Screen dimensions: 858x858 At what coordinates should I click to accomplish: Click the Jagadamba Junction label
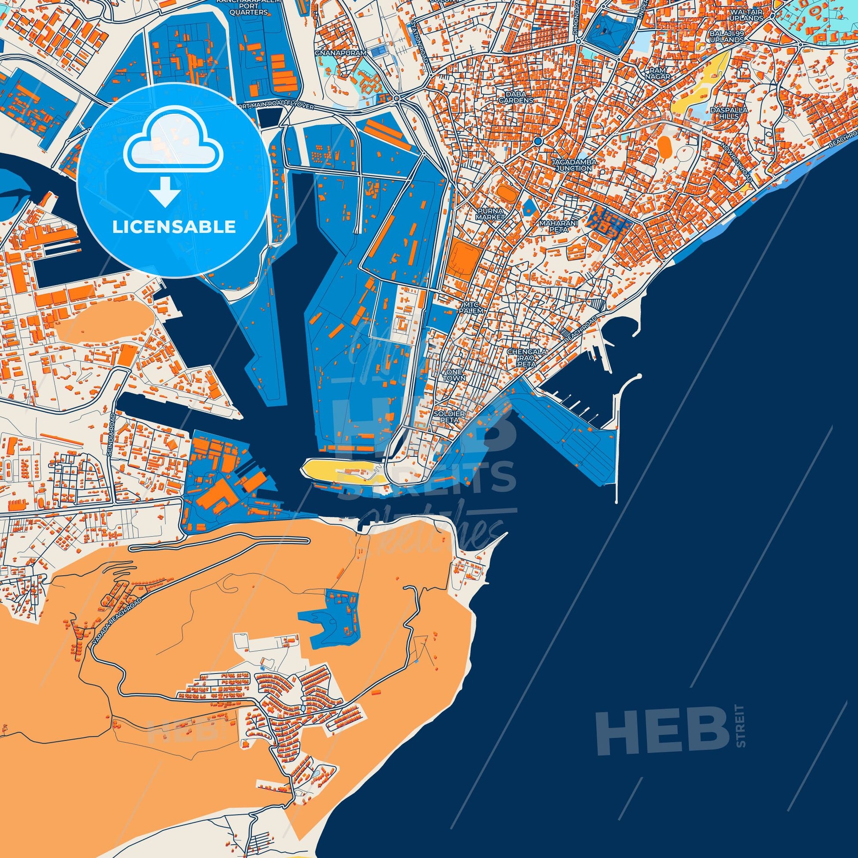574,165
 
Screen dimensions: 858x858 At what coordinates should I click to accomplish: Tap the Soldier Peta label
449,417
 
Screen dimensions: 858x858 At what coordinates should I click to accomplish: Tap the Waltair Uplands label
748,15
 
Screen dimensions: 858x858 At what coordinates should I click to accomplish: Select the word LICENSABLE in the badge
174,227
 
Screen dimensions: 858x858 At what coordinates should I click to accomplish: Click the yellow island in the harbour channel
338,470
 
